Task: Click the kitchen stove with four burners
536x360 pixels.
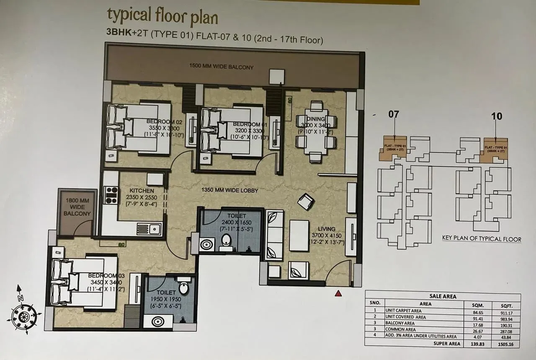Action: [111, 195]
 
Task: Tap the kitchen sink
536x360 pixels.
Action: [149, 229]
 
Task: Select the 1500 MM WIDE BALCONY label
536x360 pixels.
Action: [222, 67]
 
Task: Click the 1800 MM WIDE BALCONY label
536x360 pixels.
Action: [77, 207]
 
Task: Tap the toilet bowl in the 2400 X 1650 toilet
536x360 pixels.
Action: [226, 241]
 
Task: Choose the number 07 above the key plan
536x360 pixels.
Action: [394, 114]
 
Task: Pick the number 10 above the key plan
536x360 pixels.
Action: [497, 116]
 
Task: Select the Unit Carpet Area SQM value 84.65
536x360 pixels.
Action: [472, 311]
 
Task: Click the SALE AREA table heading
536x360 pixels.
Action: [443, 296]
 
